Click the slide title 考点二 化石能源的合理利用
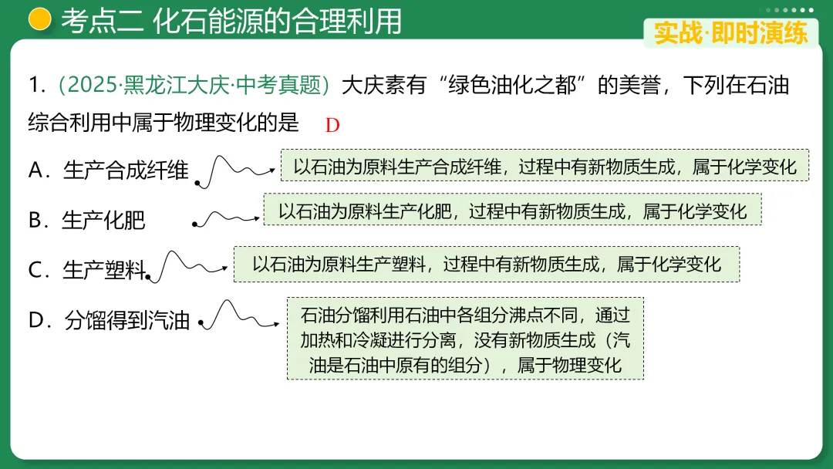point(231,21)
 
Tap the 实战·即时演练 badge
point(730,33)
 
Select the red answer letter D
point(332,125)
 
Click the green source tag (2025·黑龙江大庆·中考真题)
point(194,86)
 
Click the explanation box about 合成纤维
point(545,166)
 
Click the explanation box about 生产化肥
point(512,210)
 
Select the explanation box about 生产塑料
point(486,265)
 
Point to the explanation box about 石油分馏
point(464,339)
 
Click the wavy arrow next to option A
point(235,170)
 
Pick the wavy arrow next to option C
point(189,266)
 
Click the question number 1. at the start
point(38,86)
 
